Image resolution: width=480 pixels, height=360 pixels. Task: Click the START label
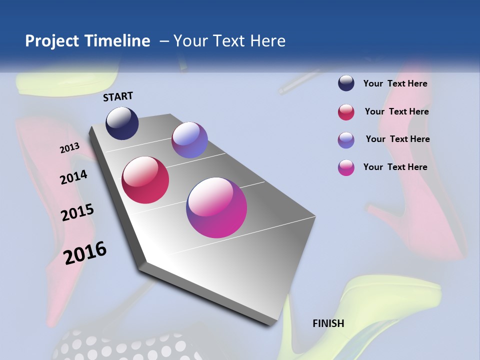point(118,96)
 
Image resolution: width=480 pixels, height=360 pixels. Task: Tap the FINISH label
point(328,323)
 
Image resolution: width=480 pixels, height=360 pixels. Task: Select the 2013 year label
point(70,147)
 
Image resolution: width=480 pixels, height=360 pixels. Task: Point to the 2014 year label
point(74,177)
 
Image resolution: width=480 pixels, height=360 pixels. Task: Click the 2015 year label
point(77,212)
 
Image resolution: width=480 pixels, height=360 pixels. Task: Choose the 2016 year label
point(85,252)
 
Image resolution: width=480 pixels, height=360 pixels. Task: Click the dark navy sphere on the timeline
point(122,123)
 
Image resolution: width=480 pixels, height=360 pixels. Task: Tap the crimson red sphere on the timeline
point(145,180)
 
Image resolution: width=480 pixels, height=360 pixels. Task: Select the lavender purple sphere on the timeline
point(189,140)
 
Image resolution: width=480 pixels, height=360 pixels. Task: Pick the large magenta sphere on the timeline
point(216,207)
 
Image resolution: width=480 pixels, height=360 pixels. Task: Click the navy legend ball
point(346,83)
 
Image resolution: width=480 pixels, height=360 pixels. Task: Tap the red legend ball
point(346,112)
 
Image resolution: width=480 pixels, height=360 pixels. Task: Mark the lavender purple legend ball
point(346,140)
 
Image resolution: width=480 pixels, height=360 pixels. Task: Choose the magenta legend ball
point(346,167)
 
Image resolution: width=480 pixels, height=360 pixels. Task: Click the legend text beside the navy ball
point(395,83)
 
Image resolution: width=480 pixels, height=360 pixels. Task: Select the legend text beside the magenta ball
point(395,167)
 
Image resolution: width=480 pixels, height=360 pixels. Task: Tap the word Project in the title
point(52,41)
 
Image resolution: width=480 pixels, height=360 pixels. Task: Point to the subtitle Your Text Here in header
point(229,41)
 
